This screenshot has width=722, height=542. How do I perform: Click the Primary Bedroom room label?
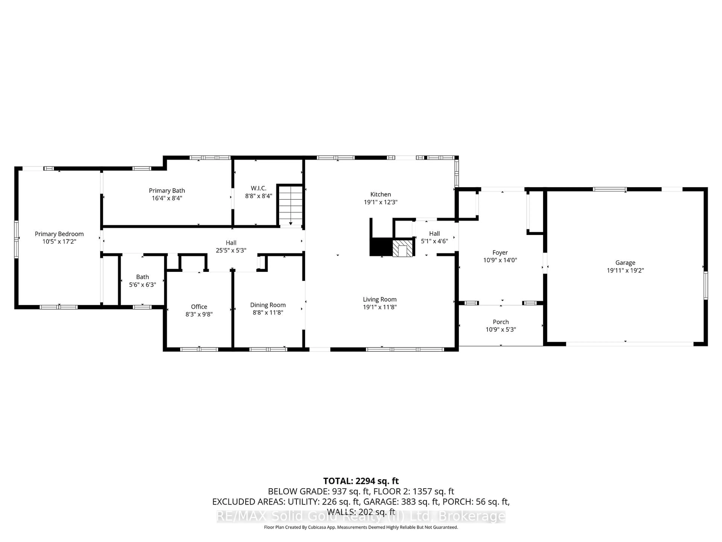point(59,234)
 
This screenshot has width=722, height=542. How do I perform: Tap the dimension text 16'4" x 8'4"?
point(167,198)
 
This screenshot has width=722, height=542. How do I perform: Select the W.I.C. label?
point(259,188)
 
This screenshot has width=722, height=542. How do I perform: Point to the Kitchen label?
point(381,194)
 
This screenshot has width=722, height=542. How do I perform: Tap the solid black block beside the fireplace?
point(381,247)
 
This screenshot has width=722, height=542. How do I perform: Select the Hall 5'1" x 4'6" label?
point(435,234)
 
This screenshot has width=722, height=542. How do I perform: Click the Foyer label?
point(500,253)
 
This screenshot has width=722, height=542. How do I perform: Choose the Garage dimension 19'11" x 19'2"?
point(625,270)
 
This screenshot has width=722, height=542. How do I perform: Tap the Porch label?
point(501,322)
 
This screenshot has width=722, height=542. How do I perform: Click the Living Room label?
point(380,299)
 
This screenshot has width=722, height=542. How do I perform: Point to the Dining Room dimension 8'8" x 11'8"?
point(268,313)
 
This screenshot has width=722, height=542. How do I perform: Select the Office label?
point(199,306)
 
